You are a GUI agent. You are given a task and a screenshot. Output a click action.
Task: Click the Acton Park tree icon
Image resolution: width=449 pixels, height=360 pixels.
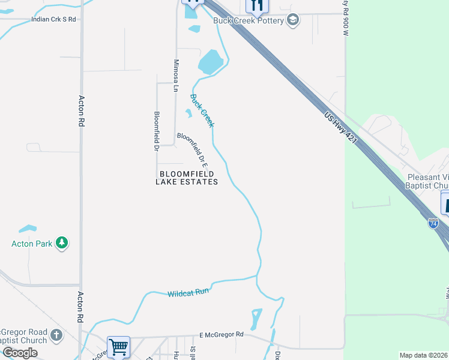pos(61,243)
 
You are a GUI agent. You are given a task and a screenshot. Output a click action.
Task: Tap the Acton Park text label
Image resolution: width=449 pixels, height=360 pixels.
pos(31,244)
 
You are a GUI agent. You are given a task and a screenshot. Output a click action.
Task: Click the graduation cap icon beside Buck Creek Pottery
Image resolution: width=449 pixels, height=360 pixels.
pos(292,20)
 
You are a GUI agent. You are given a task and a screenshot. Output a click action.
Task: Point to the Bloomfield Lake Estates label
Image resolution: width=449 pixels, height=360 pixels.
pos(187,177)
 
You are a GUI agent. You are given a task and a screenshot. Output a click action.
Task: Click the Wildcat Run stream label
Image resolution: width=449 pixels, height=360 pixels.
pos(188,293)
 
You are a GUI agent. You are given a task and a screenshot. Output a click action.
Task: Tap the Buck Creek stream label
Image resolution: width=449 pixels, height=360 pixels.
pos(202,110)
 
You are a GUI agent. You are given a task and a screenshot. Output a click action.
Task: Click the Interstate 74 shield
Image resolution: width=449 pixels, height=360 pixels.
pos(433,223)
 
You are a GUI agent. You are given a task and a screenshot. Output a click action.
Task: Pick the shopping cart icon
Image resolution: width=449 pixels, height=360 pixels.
pos(118,346)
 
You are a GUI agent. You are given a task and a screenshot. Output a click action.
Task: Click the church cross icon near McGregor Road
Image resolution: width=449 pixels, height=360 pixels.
pos(56,335)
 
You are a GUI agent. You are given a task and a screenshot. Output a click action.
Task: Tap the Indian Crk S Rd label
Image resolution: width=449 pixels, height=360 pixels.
pos(53,19)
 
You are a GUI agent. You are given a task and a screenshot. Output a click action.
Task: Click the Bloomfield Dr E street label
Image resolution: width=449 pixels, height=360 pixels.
pos(193,149)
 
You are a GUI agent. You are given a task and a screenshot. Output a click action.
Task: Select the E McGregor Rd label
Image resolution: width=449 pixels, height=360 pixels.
pos(221,334)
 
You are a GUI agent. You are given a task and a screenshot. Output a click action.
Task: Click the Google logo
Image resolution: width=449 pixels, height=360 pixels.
pos(20,353)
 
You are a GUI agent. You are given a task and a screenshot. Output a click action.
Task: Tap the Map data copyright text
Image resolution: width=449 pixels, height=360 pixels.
pos(423,355)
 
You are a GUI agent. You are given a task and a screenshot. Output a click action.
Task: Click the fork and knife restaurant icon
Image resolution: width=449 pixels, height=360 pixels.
pos(256,5)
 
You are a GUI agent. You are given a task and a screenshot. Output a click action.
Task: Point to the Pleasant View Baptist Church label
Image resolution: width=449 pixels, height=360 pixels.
pos(427,181)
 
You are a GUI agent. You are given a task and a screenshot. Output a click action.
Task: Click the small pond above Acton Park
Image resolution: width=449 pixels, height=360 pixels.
pos(27,229)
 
